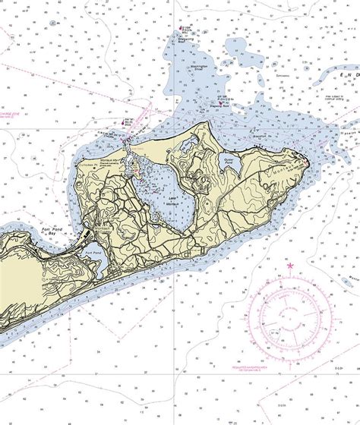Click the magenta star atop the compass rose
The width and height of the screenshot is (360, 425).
[289, 265]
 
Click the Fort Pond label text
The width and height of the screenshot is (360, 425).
[93, 252]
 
